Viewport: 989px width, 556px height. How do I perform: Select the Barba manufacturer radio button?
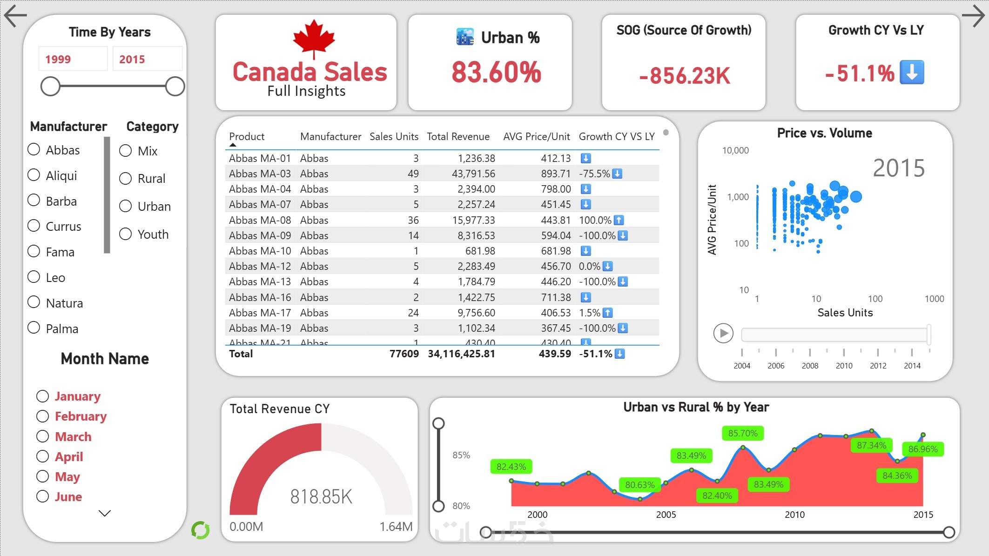click(x=34, y=201)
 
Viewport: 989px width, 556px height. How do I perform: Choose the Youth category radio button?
click(x=125, y=234)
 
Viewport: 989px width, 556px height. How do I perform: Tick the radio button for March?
click(x=42, y=436)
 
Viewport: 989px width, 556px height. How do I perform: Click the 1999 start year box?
click(x=73, y=59)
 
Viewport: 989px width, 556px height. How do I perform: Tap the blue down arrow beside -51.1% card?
click(x=912, y=73)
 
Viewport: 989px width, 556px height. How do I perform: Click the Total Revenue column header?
click(x=458, y=136)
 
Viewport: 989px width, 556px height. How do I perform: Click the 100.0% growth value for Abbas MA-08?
click(x=595, y=220)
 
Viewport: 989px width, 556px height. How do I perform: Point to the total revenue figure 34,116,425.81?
click(x=461, y=354)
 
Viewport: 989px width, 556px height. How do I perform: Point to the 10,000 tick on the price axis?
click(x=735, y=150)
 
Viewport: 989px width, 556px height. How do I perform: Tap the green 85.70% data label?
click(x=742, y=433)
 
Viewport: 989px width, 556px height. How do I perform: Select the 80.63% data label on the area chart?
click(x=639, y=485)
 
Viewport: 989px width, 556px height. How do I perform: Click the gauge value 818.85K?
click(x=321, y=496)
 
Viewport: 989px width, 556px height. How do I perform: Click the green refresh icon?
click(x=201, y=530)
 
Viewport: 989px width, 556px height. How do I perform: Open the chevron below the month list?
click(x=105, y=513)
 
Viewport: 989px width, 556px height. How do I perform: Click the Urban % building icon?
click(x=465, y=37)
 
